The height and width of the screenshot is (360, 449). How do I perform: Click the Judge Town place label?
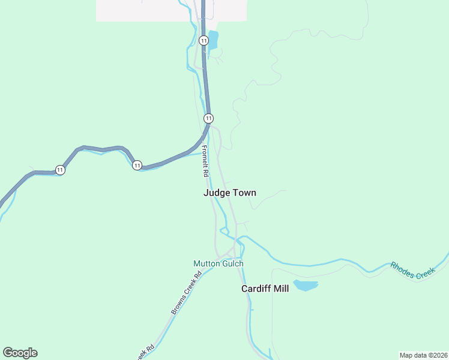tap(230, 193)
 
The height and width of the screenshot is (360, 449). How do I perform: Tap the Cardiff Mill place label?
tap(265, 289)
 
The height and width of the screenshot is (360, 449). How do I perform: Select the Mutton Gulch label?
tap(218, 263)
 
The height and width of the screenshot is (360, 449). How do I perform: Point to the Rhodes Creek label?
tap(412, 269)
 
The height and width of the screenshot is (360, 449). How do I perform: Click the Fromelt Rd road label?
tap(205, 161)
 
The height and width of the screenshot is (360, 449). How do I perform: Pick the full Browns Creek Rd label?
tap(185, 294)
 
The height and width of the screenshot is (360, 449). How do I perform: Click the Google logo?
tap(20, 353)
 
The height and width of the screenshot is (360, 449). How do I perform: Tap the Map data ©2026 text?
tap(423, 355)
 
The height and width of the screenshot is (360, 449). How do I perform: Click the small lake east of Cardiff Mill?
tap(305, 285)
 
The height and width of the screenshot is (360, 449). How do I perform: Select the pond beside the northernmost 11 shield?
tap(212, 40)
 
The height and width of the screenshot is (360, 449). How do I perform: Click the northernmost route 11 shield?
tap(204, 41)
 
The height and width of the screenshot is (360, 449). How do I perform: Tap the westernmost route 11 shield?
tap(60, 170)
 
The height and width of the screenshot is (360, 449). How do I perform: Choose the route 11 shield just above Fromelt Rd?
tap(208, 118)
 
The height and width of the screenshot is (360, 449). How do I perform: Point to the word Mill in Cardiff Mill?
tap(281, 289)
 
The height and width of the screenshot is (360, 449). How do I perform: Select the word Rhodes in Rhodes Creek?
tap(402, 266)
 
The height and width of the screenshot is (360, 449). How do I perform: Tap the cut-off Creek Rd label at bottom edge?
tap(146, 352)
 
